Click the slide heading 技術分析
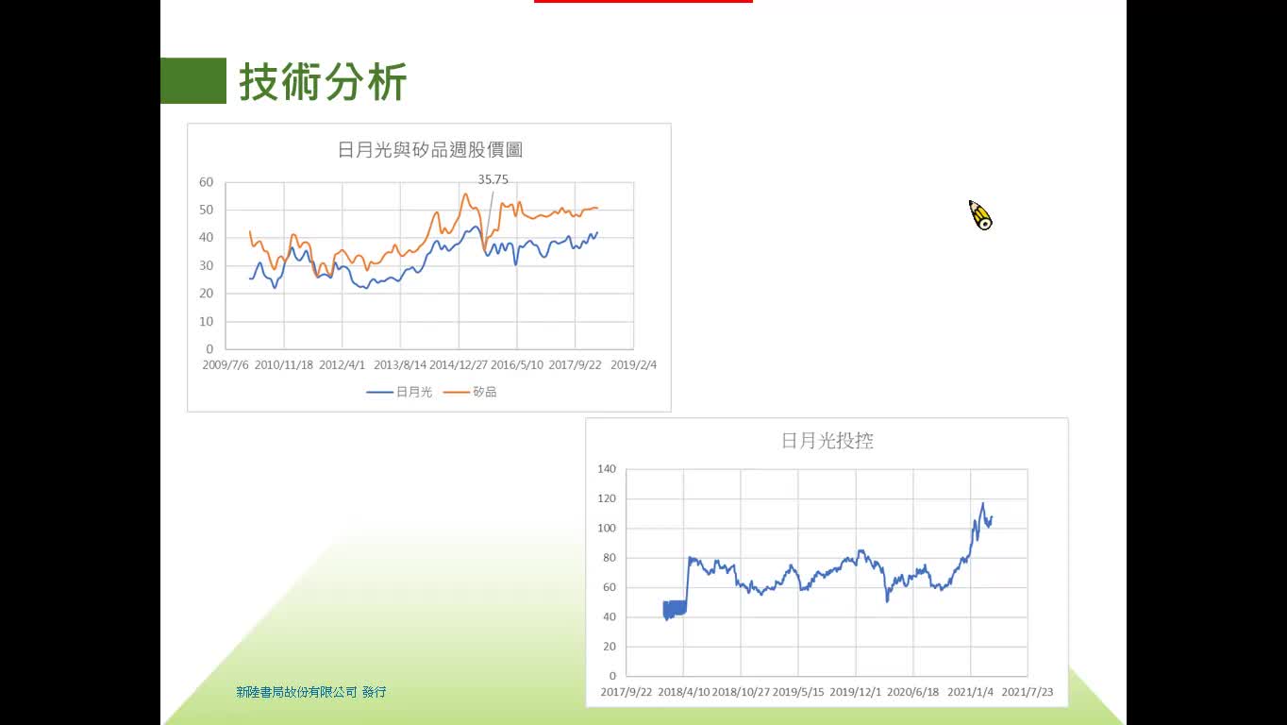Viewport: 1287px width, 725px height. tap(323, 81)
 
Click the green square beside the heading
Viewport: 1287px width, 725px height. tap(193, 80)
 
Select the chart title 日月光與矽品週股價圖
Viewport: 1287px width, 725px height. tap(429, 150)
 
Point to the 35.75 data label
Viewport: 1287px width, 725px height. tap(493, 179)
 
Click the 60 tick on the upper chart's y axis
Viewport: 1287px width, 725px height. tap(207, 182)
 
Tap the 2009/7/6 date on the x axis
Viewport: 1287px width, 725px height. tap(226, 365)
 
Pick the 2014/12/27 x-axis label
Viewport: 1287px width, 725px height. tap(459, 365)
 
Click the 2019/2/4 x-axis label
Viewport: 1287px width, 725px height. tap(633, 365)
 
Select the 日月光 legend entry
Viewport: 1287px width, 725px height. tap(399, 392)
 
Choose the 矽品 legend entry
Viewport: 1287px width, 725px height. tap(470, 392)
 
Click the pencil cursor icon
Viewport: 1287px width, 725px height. tap(980, 215)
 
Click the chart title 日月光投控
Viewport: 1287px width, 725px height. tap(827, 441)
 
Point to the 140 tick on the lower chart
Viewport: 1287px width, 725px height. tap(607, 468)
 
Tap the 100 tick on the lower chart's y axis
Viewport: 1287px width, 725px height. tap(607, 528)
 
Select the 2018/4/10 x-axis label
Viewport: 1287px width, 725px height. tap(684, 692)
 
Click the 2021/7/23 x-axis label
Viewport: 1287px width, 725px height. tap(1028, 692)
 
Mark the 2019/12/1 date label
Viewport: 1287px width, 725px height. tap(855, 692)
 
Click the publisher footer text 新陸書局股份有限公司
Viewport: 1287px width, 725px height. tap(296, 692)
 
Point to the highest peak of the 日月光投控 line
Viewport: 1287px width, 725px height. tap(982, 504)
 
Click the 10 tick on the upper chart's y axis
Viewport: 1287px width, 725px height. tap(207, 321)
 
